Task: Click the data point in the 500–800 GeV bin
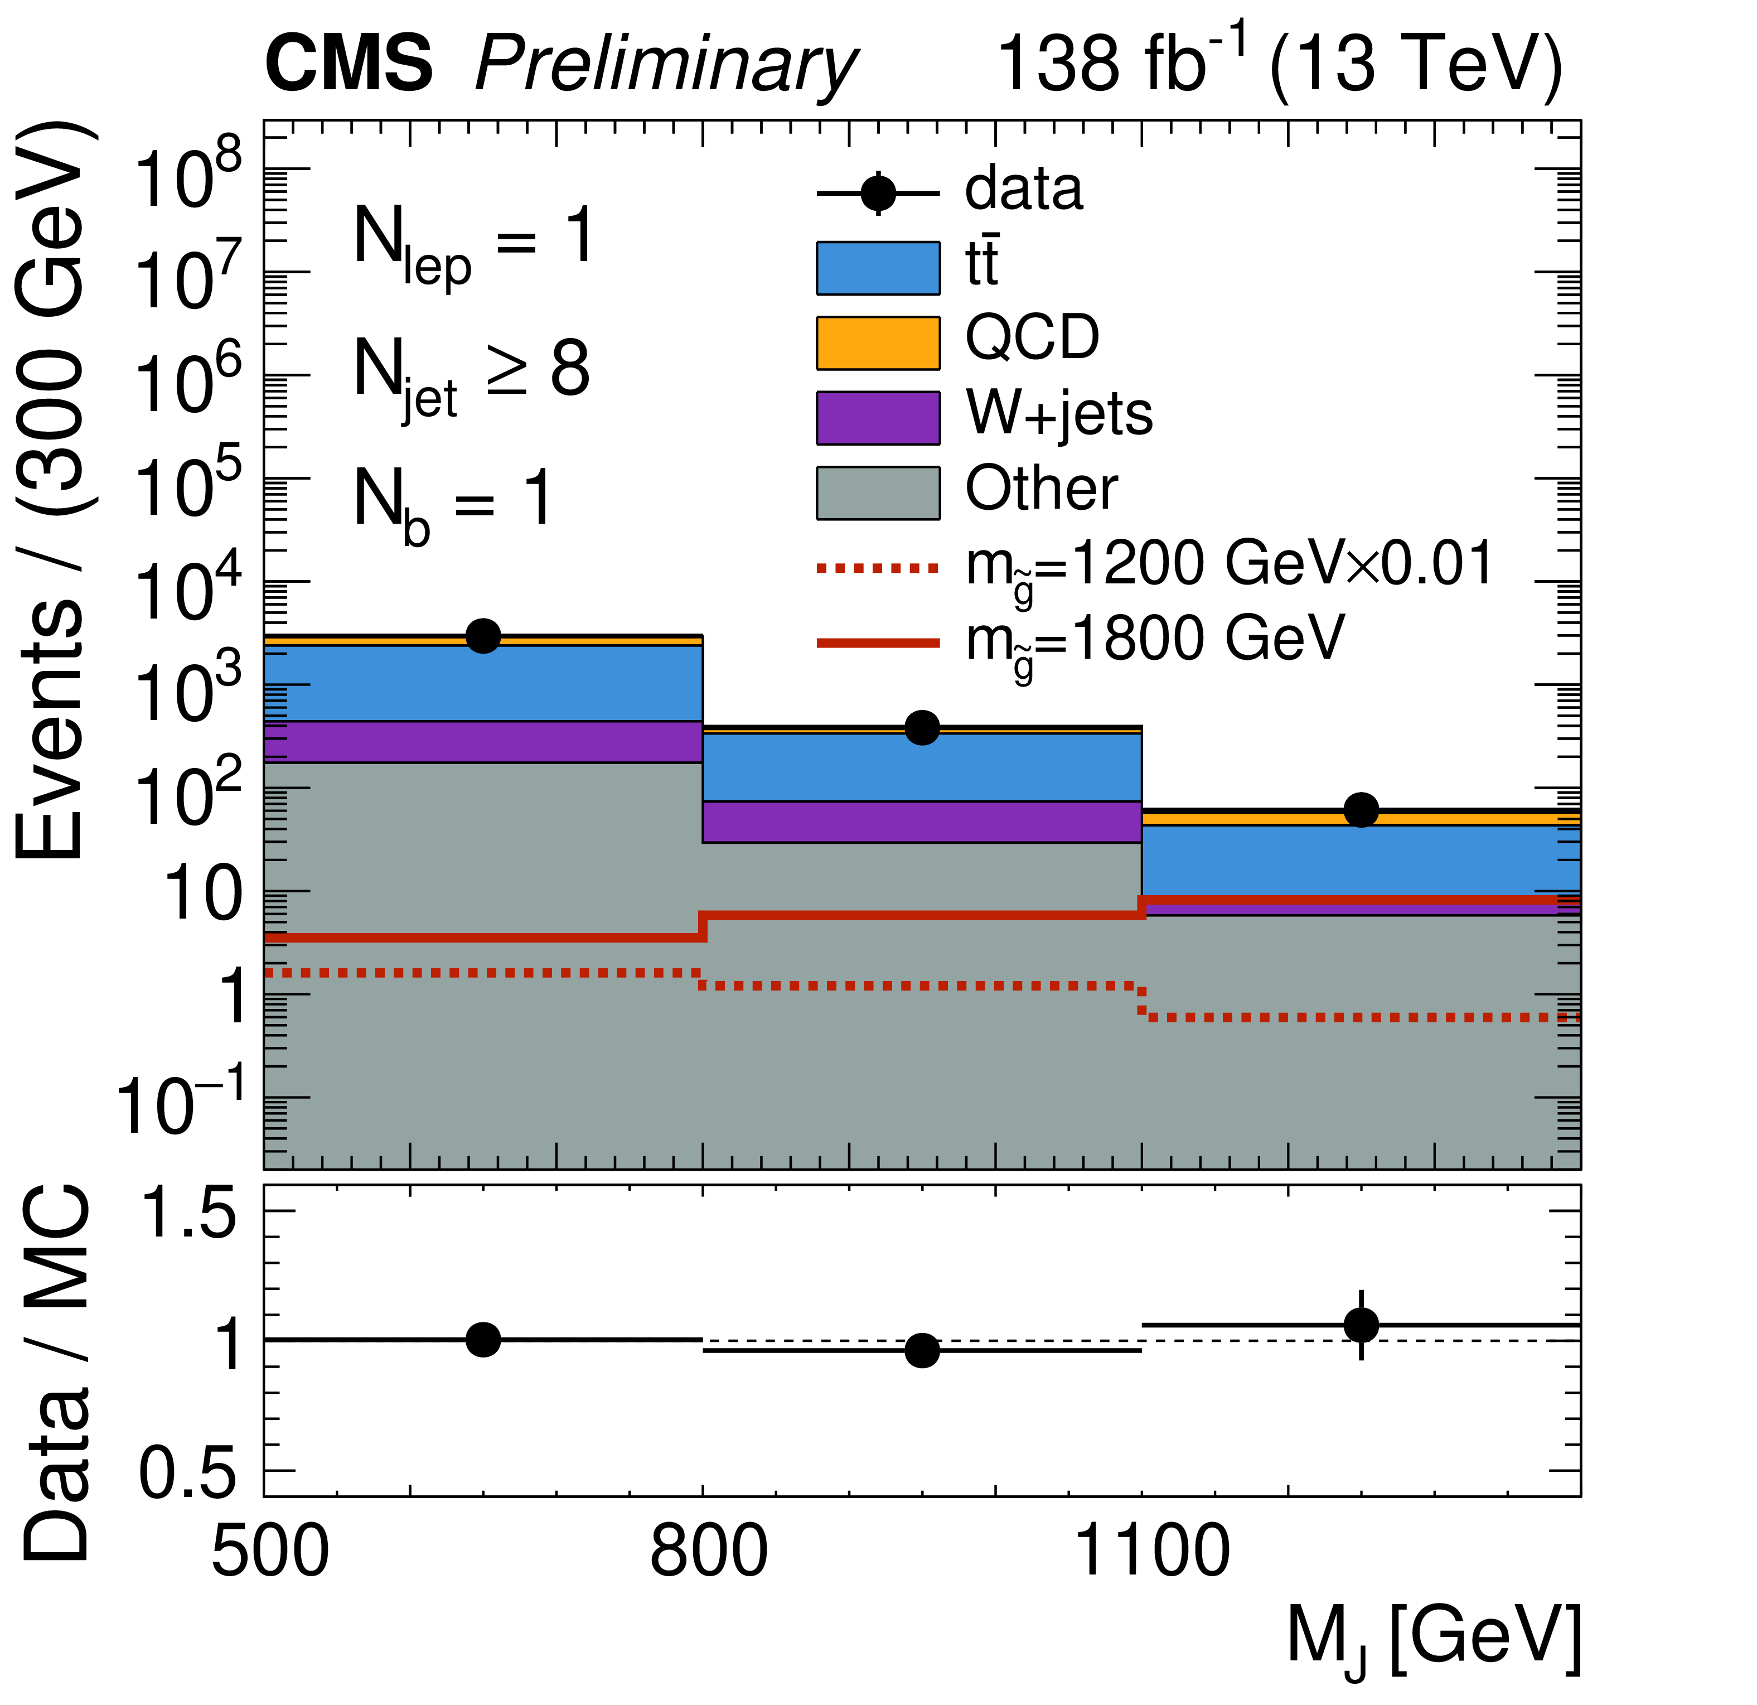(483, 636)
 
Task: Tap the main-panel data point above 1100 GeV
(1361, 809)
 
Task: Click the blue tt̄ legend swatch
(878, 268)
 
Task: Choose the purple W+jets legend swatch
(878, 418)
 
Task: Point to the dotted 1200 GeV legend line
(878, 567)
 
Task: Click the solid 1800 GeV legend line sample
(878, 643)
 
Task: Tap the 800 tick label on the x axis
(708, 1553)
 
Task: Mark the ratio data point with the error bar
(1361, 1324)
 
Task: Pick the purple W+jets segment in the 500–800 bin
(483, 741)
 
